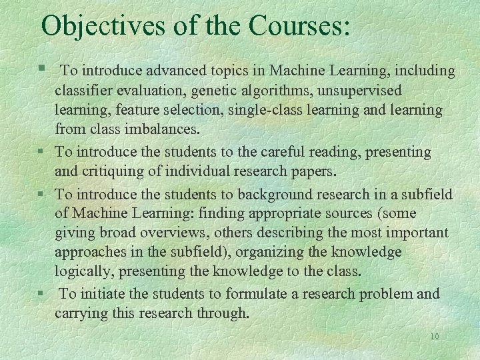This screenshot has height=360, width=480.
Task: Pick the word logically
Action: [x=84, y=271]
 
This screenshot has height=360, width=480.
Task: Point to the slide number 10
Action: [x=435, y=337]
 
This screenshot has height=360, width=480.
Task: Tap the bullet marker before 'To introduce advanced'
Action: [x=41, y=69]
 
